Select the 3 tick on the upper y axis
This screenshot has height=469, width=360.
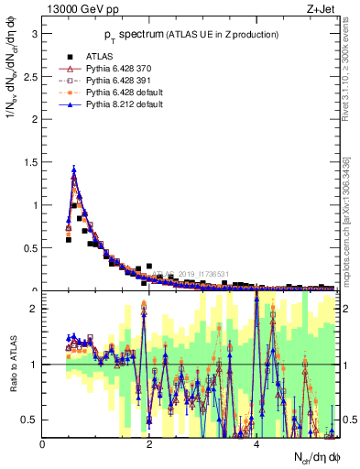(36, 34)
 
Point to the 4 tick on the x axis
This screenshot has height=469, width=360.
(256, 444)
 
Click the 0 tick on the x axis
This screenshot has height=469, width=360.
(43, 444)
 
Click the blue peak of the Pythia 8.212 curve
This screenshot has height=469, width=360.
(73, 169)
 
